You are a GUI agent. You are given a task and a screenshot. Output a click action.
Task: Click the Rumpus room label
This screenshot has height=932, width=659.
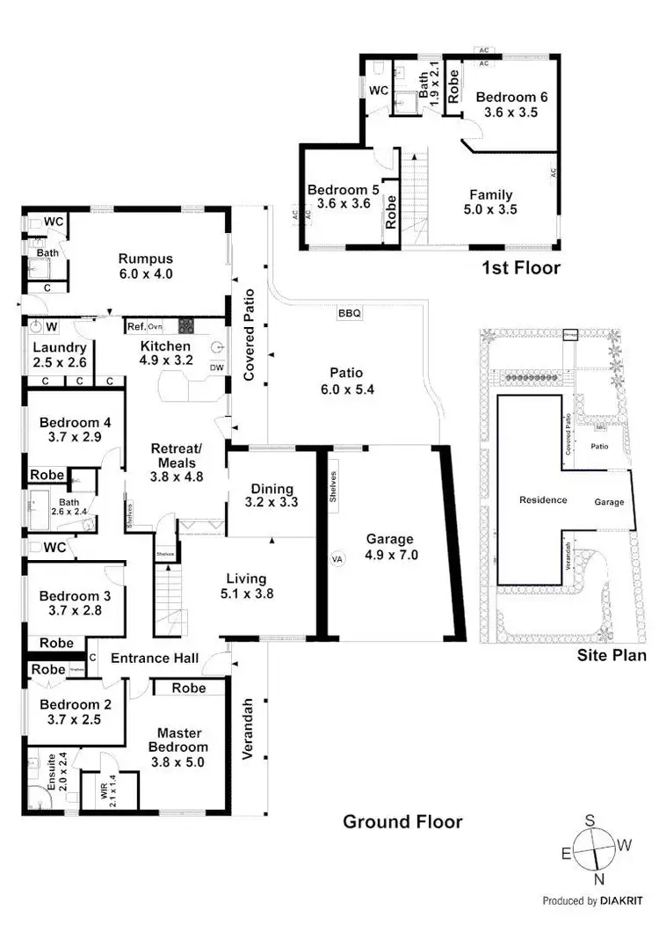click(146, 266)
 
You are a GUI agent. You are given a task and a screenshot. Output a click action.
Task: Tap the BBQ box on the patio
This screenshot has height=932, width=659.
click(349, 313)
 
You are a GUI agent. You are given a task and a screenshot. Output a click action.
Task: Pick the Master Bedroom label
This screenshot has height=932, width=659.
click(179, 747)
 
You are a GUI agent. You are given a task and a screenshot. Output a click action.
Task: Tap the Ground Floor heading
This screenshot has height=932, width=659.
click(402, 822)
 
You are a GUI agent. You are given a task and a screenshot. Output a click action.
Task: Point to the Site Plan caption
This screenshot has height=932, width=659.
click(612, 655)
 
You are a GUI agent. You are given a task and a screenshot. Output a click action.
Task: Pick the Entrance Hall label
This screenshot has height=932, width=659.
click(154, 659)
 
